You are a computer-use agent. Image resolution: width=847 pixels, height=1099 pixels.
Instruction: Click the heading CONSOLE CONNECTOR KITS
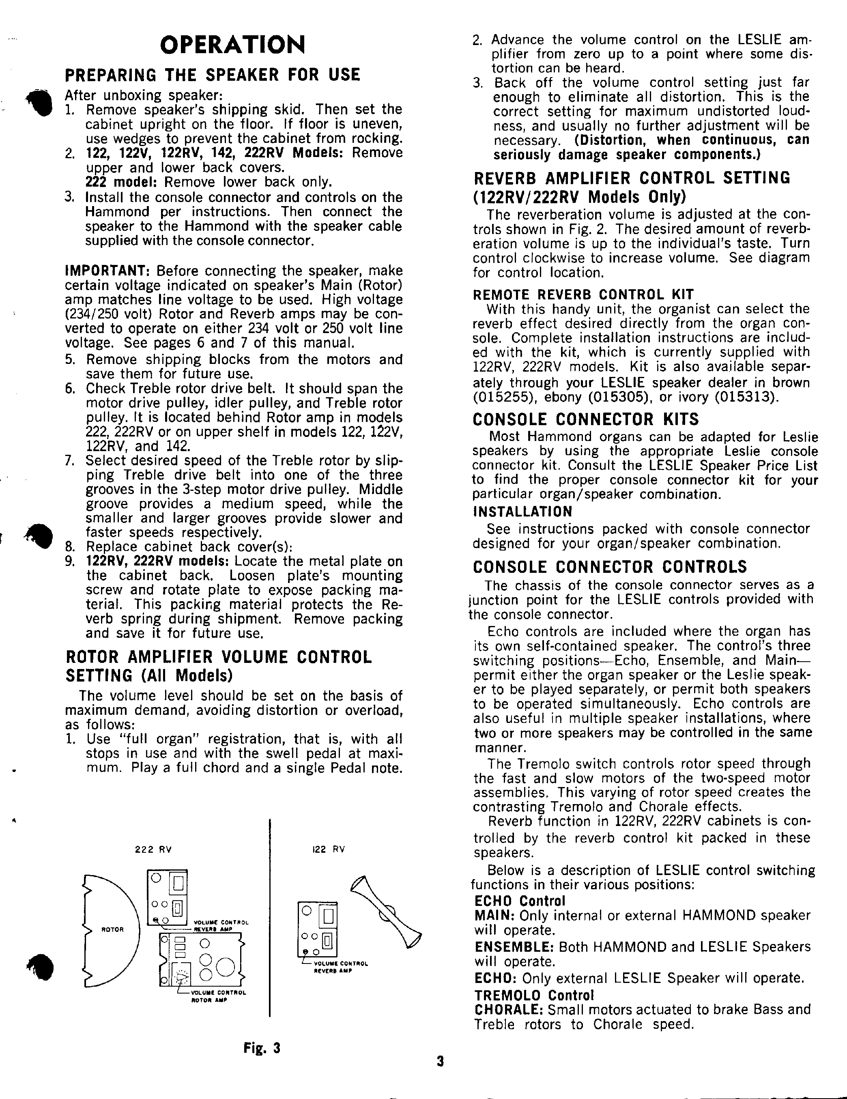[x=586, y=419]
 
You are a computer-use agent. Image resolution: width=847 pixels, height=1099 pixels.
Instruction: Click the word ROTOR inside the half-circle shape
[x=112, y=929]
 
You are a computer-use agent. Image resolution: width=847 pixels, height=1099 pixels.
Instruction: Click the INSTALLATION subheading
[x=522, y=512]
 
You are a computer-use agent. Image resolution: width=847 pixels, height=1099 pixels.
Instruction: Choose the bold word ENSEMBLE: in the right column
[x=514, y=947]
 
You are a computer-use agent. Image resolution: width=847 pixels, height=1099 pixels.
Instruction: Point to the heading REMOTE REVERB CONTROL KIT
[x=583, y=295]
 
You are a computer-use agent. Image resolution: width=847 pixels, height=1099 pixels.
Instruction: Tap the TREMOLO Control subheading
[x=535, y=995]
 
